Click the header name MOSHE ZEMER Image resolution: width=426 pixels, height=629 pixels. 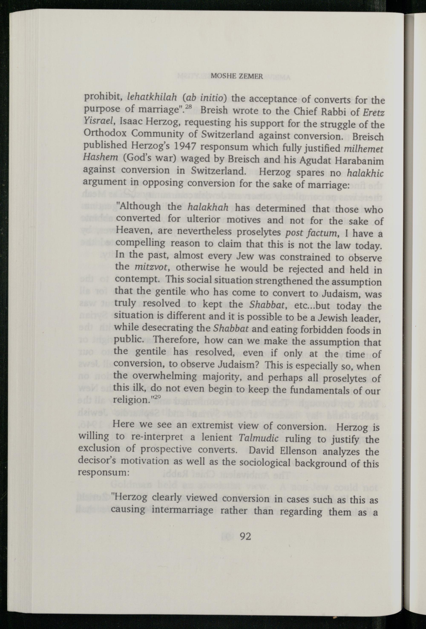coord(237,76)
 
